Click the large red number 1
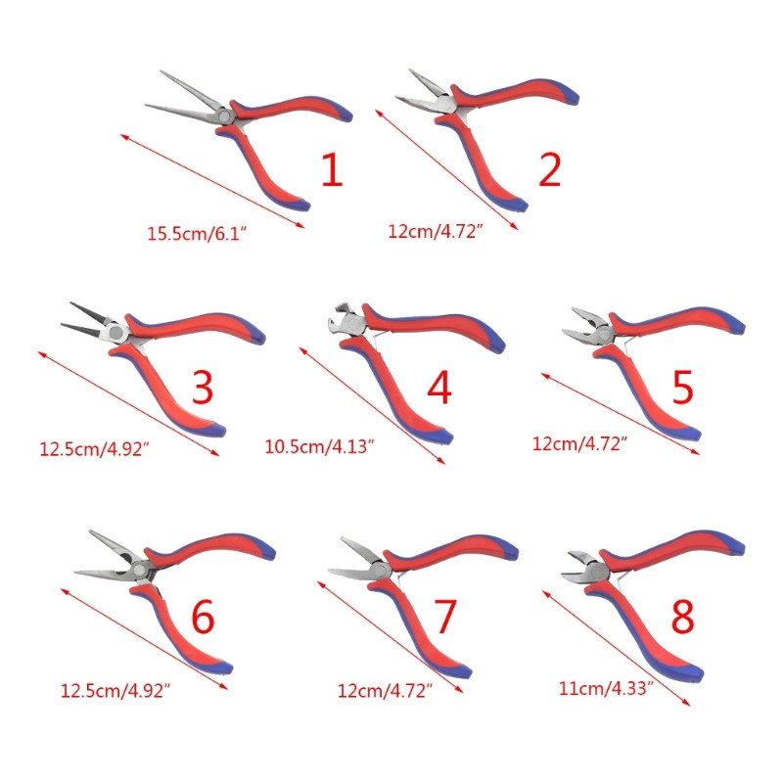[x=332, y=169]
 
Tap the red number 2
[x=550, y=169]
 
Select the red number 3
[x=203, y=387]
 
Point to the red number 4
[x=439, y=387]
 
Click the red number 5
[x=682, y=387]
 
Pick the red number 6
[x=203, y=618]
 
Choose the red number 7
[x=445, y=617]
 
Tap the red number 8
[x=682, y=617]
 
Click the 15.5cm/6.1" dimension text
[x=197, y=234]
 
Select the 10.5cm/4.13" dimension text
[x=319, y=446]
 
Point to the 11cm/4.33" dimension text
[x=606, y=689]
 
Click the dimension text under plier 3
[x=94, y=449]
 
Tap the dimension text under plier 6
[x=115, y=691]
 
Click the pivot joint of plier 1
[x=224, y=116]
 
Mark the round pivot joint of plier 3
[x=116, y=332]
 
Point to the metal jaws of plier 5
[x=586, y=326]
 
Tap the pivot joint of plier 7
[x=380, y=570]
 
